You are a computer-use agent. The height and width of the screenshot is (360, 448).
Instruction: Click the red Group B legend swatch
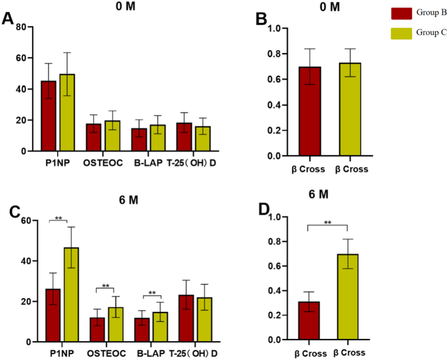tap(401, 14)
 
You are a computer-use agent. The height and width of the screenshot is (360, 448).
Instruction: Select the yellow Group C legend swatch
tap(401, 34)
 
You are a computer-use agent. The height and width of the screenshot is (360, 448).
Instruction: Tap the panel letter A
tap(8, 18)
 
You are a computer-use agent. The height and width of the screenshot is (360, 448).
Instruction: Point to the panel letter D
tap(264, 209)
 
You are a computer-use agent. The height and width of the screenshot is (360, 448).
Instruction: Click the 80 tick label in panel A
tap(21, 27)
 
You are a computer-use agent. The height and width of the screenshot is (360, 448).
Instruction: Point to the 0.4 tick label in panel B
tap(274, 105)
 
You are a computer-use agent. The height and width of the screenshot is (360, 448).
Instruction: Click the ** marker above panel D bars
tap(327, 223)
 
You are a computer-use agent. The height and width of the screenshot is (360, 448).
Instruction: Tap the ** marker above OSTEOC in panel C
tap(105, 286)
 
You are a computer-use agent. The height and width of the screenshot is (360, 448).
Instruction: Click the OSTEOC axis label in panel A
tap(103, 163)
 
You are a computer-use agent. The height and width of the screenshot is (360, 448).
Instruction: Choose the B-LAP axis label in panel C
tap(151, 353)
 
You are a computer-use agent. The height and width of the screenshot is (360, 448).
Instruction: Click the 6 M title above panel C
tap(128, 200)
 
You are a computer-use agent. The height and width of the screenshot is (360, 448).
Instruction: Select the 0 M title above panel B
tap(329, 7)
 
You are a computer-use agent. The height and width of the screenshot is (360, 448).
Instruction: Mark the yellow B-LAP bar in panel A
tap(158, 138)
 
